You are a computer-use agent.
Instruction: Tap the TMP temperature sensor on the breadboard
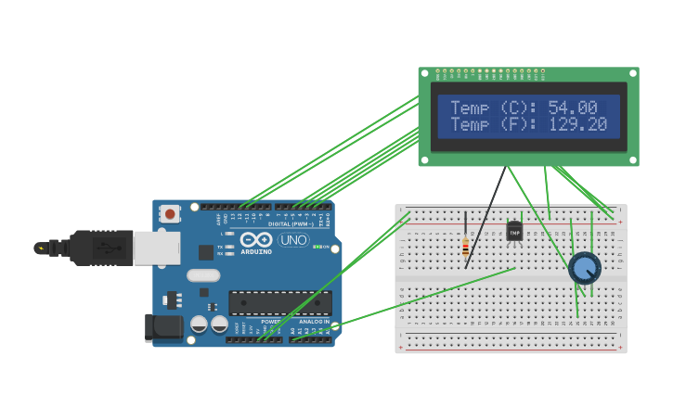(x=514, y=232)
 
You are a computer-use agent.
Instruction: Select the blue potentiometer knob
(x=585, y=269)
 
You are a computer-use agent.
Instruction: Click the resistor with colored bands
(x=465, y=247)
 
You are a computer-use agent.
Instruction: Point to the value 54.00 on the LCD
(x=573, y=108)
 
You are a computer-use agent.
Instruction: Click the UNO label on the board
(x=293, y=240)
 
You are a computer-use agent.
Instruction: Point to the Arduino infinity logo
(x=256, y=239)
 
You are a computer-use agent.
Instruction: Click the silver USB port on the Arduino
(x=156, y=248)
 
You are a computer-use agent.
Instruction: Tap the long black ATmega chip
(x=279, y=303)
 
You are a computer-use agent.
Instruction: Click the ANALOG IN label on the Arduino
(x=313, y=322)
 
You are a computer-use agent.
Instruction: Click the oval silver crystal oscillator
(x=203, y=274)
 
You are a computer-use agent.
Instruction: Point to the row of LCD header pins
(x=491, y=72)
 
